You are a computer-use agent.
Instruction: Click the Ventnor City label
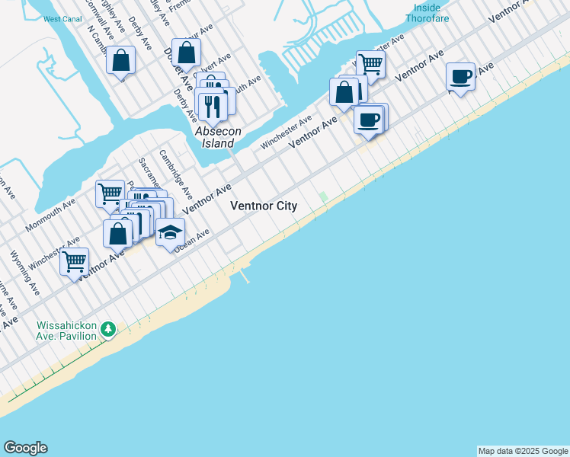(x=264, y=206)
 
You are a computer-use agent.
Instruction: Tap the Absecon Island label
(x=218, y=137)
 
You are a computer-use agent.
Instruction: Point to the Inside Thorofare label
(x=427, y=13)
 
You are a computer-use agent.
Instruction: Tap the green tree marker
(x=109, y=329)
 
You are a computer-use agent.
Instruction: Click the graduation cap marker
(x=171, y=232)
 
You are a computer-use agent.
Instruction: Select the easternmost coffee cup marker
(x=460, y=77)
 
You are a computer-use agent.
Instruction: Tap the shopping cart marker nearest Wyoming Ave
(x=75, y=262)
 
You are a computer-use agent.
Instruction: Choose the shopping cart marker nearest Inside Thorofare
(x=370, y=65)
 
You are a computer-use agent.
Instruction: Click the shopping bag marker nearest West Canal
(x=121, y=61)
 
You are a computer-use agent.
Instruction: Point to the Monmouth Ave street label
(x=51, y=216)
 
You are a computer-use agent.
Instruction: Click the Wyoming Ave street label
(x=24, y=271)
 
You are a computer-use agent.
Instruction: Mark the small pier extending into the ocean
(x=245, y=275)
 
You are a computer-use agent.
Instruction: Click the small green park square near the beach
(x=323, y=197)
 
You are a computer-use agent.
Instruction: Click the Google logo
(x=25, y=448)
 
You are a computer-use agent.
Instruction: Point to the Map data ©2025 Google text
(x=523, y=451)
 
